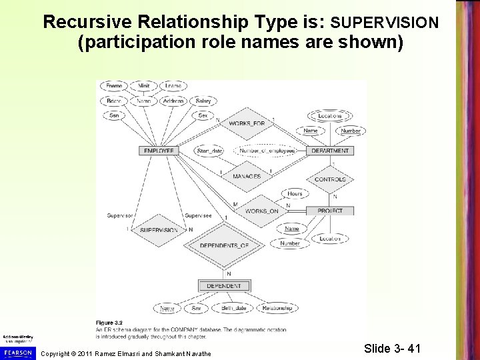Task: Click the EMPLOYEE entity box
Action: click(x=158, y=151)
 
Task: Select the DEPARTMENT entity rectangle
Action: click(x=330, y=151)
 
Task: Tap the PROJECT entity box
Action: click(x=330, y=211)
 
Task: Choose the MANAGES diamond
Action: click(x=246, y=176)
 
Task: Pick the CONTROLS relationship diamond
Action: click(x=330, y=180)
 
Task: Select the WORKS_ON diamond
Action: click(x=261, y=211)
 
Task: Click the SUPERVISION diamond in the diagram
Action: click(x=158, y=230)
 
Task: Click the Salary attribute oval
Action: click(x=203, y=101)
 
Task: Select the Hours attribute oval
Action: click(x=295, y=193)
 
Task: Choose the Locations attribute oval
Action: click(x=330, y=116)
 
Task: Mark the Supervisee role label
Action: click(x=198, y=215)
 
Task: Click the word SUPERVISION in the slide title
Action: click(x=385, y=23)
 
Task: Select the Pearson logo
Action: click(x=17, y=351)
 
